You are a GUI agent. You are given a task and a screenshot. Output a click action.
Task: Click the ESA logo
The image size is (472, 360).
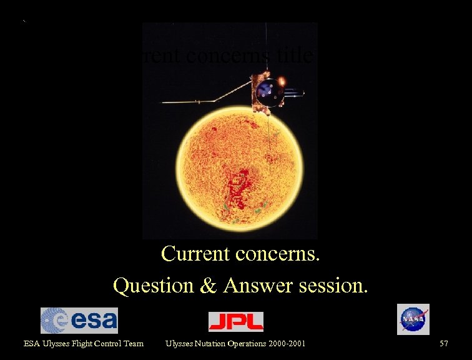coord(79,321)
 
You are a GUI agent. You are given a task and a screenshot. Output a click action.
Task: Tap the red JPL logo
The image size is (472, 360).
coord(235,321)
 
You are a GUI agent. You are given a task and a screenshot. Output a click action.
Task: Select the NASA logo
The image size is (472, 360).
coord(413,319)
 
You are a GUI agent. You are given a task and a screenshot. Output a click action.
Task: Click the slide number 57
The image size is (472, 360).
coord(444,343)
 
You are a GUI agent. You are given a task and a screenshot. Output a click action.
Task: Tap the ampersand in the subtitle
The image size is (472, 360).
coord(209,286)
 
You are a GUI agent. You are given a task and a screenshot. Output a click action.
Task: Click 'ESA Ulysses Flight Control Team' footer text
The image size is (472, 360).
coord(84,343)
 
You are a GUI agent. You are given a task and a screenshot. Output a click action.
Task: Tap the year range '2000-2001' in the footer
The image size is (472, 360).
coord(284,343)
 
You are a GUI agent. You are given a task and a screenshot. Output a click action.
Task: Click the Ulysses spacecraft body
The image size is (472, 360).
coord(261,92)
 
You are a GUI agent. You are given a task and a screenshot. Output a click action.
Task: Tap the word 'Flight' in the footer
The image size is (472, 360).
coord(80,343)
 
